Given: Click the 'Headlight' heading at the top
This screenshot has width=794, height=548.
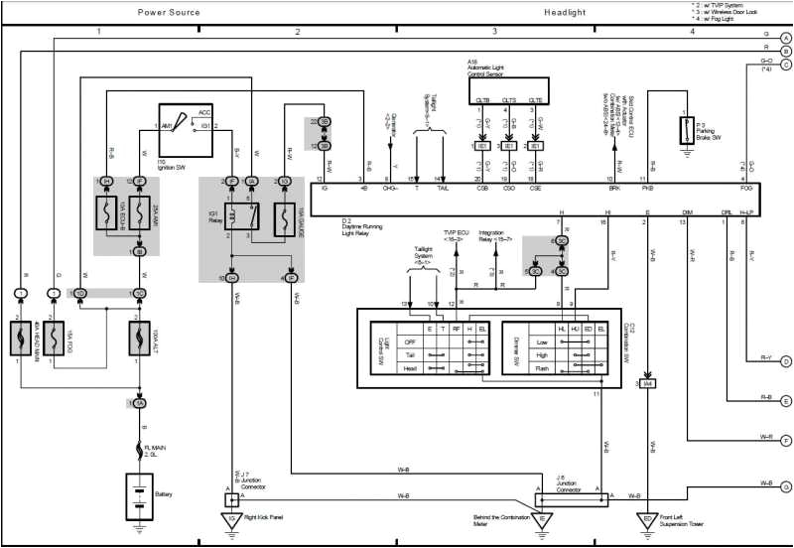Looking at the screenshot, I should point(566,12).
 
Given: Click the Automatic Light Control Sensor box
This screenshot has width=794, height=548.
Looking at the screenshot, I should point(508,92).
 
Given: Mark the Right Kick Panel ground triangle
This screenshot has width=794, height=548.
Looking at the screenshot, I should point(231,518).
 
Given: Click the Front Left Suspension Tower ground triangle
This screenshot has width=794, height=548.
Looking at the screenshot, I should point(647,518).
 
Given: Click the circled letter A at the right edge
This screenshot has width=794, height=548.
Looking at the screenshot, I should point(785,37).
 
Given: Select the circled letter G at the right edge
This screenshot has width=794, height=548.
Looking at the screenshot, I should point(785,487).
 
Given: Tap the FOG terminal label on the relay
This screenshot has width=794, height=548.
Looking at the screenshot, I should point(746,187).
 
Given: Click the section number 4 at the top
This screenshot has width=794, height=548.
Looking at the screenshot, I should point(692,32).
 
